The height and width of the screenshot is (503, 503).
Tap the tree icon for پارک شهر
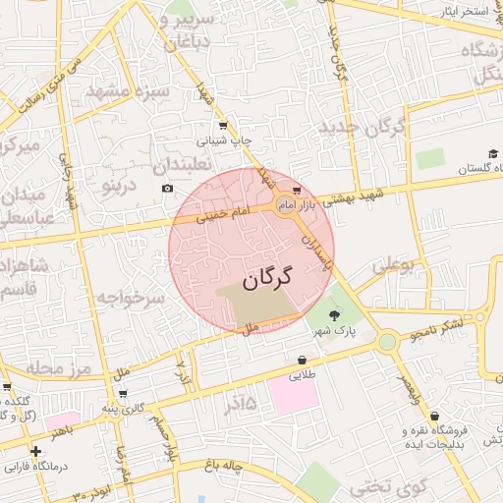(334, 314)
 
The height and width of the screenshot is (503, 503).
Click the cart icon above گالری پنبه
(106, 392)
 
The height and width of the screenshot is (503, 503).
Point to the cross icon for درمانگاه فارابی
(35, 451)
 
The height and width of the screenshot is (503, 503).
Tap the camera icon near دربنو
(166, 188)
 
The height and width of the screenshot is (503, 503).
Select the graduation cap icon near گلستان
(492, 153)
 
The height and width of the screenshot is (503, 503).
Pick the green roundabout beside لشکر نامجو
(387, 341)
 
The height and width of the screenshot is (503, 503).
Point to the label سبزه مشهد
(128, 91)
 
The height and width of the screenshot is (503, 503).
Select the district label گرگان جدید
(362, 127)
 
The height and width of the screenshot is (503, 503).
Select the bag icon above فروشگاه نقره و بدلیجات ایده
(434, 416)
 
